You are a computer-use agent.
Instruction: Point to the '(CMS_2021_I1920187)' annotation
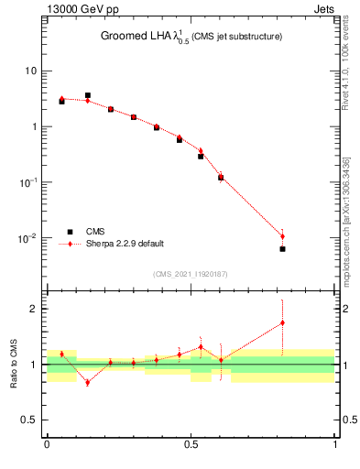point(191,274)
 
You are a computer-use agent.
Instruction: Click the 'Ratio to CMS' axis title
point(15,365)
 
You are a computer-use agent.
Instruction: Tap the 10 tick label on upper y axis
point(31,71)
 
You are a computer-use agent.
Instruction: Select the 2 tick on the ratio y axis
point(34,309)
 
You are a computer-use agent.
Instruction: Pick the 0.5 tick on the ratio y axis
point(29,420)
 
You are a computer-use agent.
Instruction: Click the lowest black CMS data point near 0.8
point(282,249)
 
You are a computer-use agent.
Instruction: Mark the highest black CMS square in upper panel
point(88,95)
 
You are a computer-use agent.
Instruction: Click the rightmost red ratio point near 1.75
point(282,322)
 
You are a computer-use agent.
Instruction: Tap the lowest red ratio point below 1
point(88,382)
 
